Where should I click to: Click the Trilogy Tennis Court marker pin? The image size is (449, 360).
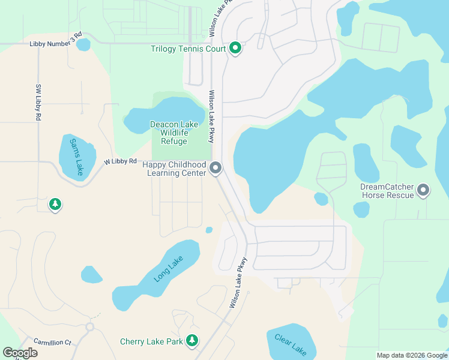tap(235, 48)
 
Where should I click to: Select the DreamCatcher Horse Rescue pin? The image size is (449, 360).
tap(423, 190)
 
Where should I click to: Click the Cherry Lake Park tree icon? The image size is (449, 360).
tap(192, 341)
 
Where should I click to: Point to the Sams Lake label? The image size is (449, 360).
tap(77, 157)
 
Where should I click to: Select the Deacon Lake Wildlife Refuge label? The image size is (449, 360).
tap(173, 133)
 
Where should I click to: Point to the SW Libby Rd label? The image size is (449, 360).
tap(38, 103)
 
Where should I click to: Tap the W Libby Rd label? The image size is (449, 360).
tap(120, 161)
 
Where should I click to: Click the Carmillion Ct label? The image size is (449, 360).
tap(52, 342)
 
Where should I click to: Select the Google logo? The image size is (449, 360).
tap(20, 353)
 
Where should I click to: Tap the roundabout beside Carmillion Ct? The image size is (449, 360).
tap(90, 327)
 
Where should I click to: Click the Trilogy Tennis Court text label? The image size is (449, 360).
tap(188, 49)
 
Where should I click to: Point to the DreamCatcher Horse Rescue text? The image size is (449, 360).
tap(387, 191)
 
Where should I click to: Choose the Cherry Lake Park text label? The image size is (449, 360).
tap(151, 341)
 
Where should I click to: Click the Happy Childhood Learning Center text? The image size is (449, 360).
tap(177, 169)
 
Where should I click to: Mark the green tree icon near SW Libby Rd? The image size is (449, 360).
tap(55, 205)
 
